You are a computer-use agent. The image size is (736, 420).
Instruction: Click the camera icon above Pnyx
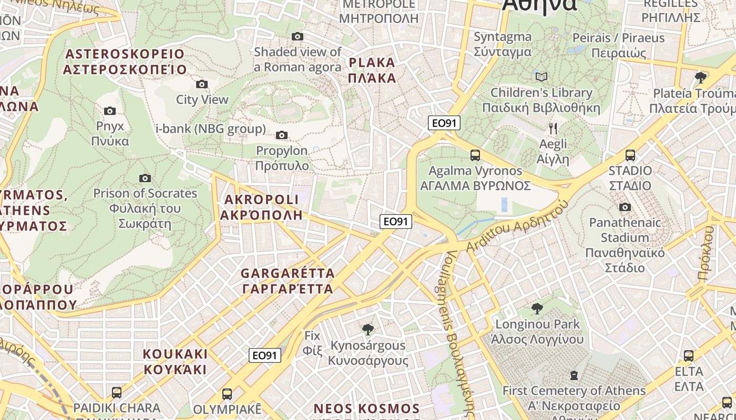click(109, 111)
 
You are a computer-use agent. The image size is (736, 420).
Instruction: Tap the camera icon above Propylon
click(282, 135)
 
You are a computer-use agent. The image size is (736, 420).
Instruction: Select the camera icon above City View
click(201, 84)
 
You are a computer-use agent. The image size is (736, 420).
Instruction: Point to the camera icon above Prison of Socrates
click(145, 178)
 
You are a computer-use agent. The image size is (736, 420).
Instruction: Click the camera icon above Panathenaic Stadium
click(625, 207)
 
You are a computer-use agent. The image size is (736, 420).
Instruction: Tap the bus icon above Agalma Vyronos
click(475, 155)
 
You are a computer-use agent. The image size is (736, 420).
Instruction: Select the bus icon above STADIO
click(630, 155)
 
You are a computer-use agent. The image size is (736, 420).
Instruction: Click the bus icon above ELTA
click(689, 355)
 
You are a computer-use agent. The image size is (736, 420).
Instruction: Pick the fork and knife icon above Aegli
click(553, 128)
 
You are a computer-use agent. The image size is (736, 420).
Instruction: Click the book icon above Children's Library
click(541, 77)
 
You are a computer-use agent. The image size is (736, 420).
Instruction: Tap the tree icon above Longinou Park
click(537, 308)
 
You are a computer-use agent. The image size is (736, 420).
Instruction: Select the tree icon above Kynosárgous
click(368, 329)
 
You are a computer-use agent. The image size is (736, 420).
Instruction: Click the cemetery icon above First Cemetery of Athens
click(574, 375)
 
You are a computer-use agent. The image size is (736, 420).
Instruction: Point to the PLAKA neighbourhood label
click(372, 70)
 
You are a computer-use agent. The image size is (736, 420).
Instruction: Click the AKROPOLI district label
click(261, 207)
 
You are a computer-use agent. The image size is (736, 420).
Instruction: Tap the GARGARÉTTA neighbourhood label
click(288, 281)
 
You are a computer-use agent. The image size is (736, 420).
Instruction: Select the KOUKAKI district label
click(176, 361)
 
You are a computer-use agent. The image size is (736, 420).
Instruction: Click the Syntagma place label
click(503, 44)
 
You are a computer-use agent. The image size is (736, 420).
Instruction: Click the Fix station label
click(312, 342)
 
